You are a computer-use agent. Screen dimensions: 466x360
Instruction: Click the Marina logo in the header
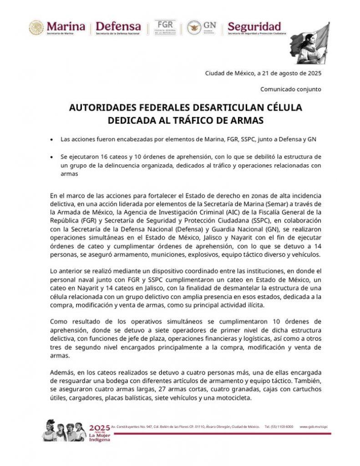coord(56,27)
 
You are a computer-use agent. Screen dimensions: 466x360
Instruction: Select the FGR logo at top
coord(165,27)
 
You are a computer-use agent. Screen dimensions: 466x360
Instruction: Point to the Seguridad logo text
coord(254,27)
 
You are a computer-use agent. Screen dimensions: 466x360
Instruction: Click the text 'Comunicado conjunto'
coord(291,89)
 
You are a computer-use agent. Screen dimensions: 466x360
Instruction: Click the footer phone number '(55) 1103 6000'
coord(279,427)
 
